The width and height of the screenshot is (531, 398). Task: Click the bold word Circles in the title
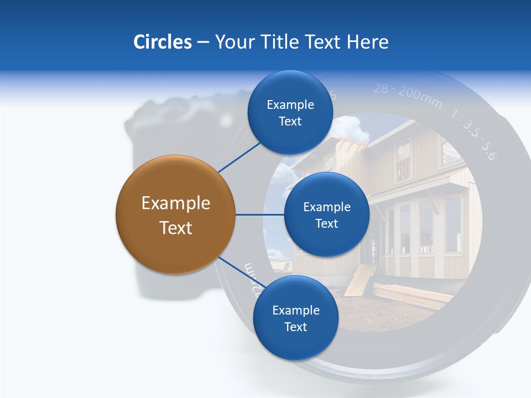click(162, 42)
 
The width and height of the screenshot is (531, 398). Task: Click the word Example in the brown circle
click(175, 203)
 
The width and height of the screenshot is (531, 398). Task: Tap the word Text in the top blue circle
click(290, 122)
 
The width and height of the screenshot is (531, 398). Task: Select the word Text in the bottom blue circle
click(295, 327)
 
